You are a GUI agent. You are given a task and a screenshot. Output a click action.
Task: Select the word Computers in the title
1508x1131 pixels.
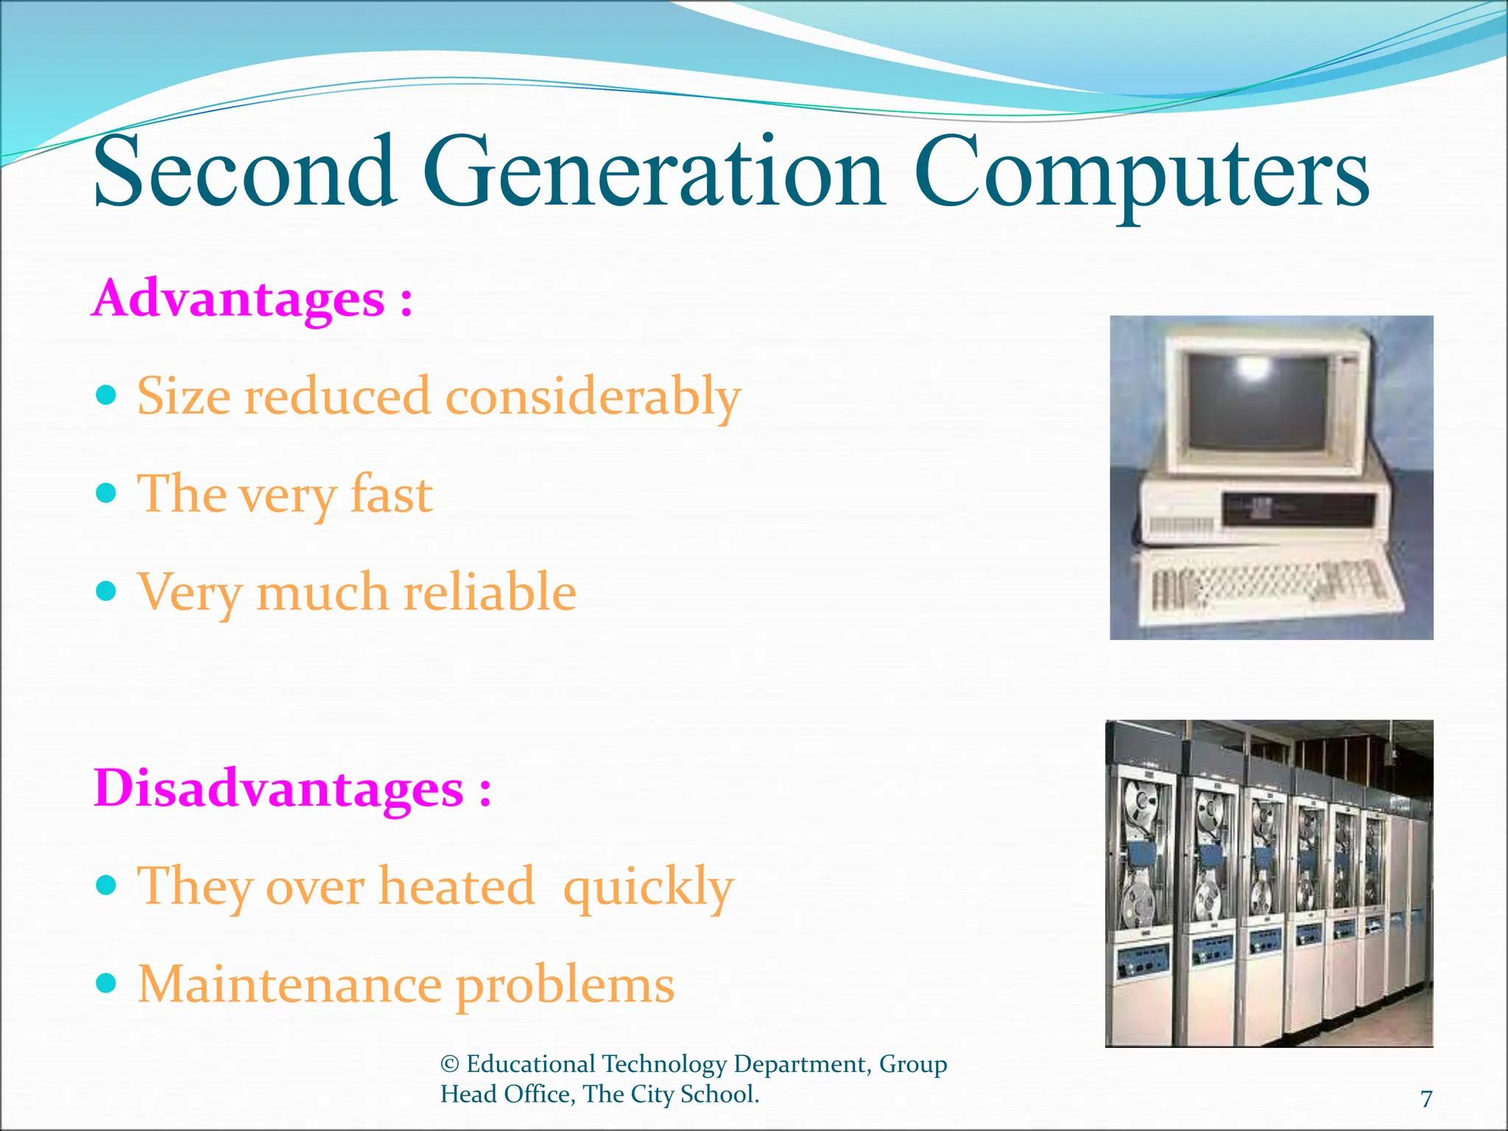click(1141, 177)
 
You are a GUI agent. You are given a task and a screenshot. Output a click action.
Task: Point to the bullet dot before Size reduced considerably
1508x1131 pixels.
click(107, 396)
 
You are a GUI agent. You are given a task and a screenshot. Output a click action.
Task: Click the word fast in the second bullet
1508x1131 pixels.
click(391, 494)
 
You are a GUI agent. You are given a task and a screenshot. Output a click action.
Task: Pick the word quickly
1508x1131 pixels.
click(648, 887)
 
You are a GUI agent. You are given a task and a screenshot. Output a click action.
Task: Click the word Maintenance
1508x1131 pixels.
click(289, 984)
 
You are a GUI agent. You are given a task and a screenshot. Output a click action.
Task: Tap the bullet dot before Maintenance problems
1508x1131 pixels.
click(107, 983)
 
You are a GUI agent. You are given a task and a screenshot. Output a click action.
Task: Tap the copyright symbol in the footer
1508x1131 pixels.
click(450, 1064)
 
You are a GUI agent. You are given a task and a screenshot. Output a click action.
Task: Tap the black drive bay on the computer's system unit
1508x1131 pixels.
click(1296, 507)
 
